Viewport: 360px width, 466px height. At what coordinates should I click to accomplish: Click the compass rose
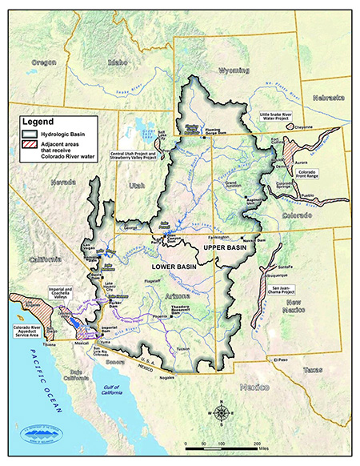click(225, 413)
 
